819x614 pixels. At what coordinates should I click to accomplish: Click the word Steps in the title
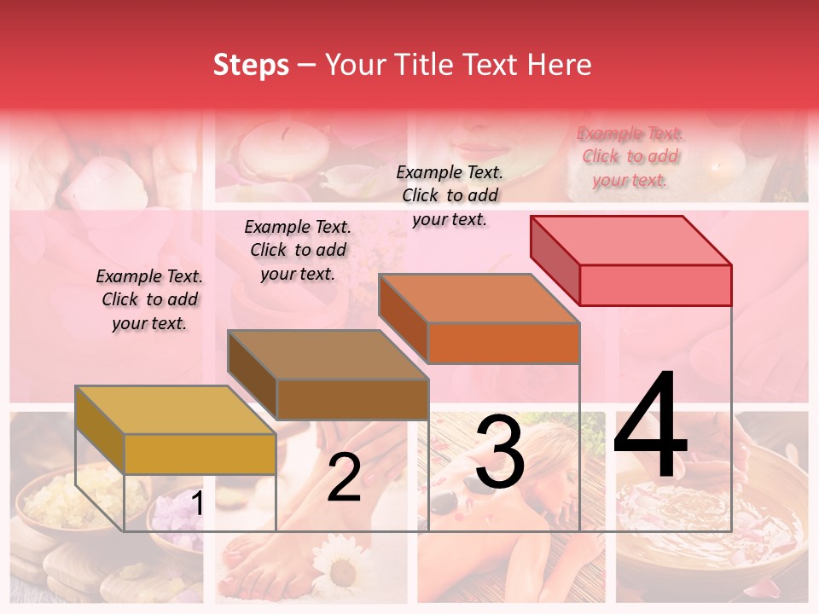251,65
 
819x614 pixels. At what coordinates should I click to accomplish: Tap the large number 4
650,426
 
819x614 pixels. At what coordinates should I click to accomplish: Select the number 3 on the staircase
499,453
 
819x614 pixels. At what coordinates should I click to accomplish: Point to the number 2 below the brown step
344,478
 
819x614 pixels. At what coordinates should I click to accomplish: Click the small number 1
198,504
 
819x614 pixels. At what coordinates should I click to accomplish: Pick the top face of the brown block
328,355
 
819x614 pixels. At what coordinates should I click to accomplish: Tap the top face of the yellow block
176,410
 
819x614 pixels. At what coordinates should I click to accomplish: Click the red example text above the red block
630,157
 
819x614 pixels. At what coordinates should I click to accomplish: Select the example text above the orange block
450,195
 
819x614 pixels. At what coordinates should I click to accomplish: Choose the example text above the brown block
298,250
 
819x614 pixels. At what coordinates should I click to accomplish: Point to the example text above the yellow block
149,299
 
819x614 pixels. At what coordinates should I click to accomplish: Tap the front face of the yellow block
200,454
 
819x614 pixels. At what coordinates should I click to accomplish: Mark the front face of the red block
655,285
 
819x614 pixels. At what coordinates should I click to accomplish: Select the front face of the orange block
503,343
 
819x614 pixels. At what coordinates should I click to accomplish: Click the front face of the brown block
352,399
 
